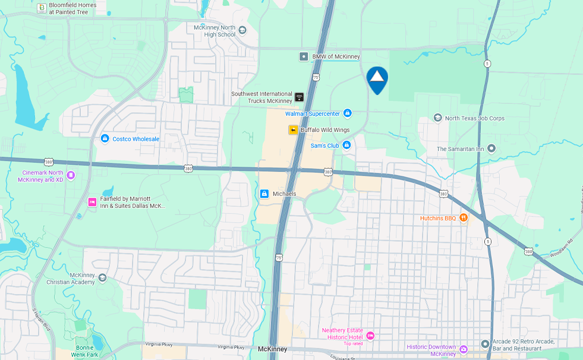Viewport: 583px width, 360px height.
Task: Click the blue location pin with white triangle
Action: (377, 80)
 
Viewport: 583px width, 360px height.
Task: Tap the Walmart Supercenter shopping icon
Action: (347, 113)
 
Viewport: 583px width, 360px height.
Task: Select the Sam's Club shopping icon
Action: (346, 145)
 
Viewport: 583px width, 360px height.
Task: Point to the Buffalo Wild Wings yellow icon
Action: (293, 130)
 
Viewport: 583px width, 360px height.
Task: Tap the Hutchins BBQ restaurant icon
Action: (464, 218)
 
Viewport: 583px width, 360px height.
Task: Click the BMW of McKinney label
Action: (336, 56)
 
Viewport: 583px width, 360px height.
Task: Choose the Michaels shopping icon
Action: (264, 194)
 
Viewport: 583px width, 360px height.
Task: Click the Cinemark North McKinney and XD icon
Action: (71, 175)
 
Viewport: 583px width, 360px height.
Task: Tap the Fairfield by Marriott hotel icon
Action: (92, 202)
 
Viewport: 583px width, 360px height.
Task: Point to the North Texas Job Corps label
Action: (474, 118)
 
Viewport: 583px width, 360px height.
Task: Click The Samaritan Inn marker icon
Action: (491, 149)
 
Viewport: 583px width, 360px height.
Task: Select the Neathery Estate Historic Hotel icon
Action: (370, 336)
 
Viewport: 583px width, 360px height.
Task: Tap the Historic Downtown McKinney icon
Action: (464, 349)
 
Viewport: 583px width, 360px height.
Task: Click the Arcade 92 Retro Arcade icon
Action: (485, 344)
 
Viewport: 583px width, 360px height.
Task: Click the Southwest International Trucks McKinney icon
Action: (299, 97)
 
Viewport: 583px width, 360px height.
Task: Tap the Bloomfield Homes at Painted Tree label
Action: (73, 8)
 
